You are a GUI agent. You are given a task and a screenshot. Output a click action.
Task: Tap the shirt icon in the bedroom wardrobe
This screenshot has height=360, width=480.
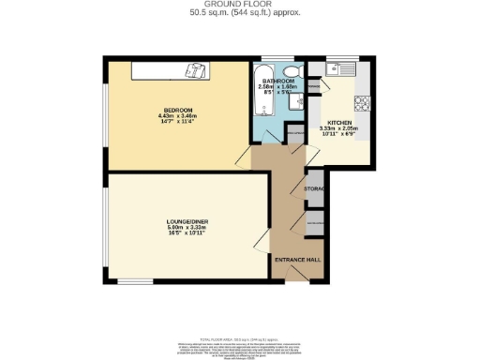(195, 69)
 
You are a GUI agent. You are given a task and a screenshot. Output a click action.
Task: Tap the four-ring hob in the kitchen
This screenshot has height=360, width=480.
(363, 103)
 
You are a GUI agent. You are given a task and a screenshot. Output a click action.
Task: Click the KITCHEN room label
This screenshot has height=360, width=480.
(338, 123)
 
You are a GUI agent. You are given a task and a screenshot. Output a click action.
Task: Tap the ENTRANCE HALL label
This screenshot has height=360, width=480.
(296, 258)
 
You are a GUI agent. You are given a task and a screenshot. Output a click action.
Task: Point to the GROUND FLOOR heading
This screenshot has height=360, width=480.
(240, 5)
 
